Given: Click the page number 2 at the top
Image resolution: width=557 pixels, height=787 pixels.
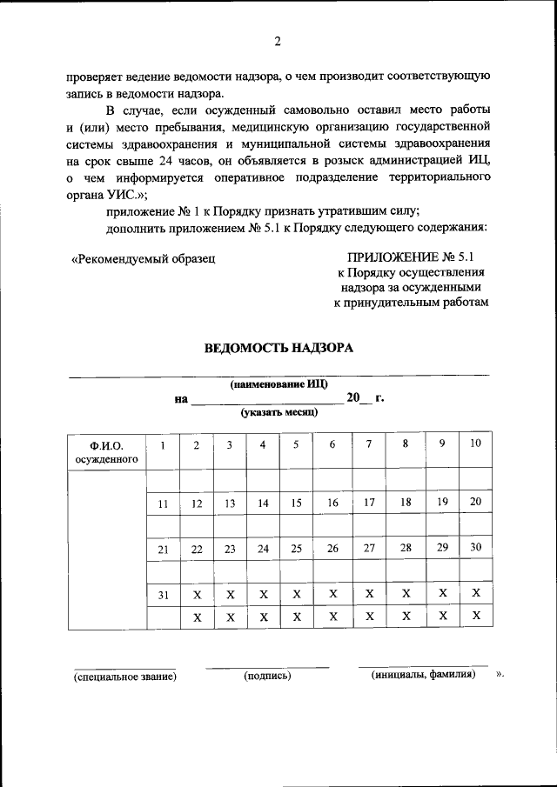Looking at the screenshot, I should pyautogui.click(x=278, y=41).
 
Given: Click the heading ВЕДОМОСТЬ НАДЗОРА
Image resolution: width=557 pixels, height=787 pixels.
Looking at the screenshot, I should pyautogui.click(x=278, y=349).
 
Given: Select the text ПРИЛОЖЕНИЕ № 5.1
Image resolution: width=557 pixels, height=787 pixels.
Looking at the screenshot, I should pyautogui.click(x=413, y=257).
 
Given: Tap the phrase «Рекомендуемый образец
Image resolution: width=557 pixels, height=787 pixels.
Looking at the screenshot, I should pyautogui.click(x=143, y=257).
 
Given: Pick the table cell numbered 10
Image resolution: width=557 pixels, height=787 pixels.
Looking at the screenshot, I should pyautogui.click(x=475, y=444).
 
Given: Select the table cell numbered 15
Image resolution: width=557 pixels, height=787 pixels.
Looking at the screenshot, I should pyautogui.click(x=296, y=503).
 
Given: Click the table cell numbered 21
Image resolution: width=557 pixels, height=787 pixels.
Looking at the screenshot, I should pyautogui.click(x=163, y=549).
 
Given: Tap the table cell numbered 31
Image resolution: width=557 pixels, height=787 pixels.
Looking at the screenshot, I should pyautogui.click(x=163, y=594).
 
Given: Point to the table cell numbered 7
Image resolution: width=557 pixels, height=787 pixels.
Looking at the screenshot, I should pyautogui.click(x=369, y=444).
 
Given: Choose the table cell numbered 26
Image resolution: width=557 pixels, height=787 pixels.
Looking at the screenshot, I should pyautogui.click(x=332, y=549).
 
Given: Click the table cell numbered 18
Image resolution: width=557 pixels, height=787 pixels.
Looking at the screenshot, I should pyautogui.click(x=405, y=502).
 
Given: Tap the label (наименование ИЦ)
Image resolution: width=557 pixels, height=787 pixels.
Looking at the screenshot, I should pyautogui.click(x=278, y=384).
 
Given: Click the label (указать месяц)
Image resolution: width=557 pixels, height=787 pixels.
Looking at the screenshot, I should pyautogui.click(x=279, y=412).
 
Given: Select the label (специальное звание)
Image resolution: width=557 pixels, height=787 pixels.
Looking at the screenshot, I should pyautogui.click(x=125, y=676).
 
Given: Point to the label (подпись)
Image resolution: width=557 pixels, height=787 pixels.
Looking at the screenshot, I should pyautogui.click(x=268, y=676).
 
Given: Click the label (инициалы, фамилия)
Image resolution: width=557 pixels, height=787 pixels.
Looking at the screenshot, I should pyautogui.click(x=423, y=675).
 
